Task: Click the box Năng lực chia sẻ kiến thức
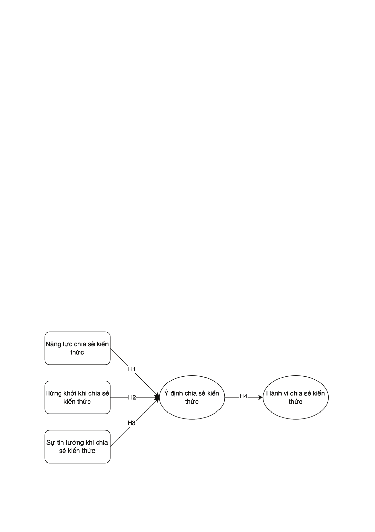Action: coord(77,348)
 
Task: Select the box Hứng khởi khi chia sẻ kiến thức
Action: coord(77,397)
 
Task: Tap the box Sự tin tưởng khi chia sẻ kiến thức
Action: coord(77,446)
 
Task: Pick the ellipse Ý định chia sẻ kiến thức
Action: coord(192,397)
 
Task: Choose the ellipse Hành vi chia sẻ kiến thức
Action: coord(296,397)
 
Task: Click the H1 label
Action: coord(132,369)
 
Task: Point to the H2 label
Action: coord(132,397)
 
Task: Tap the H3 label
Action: coord(132,423)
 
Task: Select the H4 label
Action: coord(243,396)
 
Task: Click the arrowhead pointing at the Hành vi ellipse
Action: coord(261,397)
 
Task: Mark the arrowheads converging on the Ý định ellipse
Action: coord(157,397)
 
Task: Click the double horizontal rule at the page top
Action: coord(186,30)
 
